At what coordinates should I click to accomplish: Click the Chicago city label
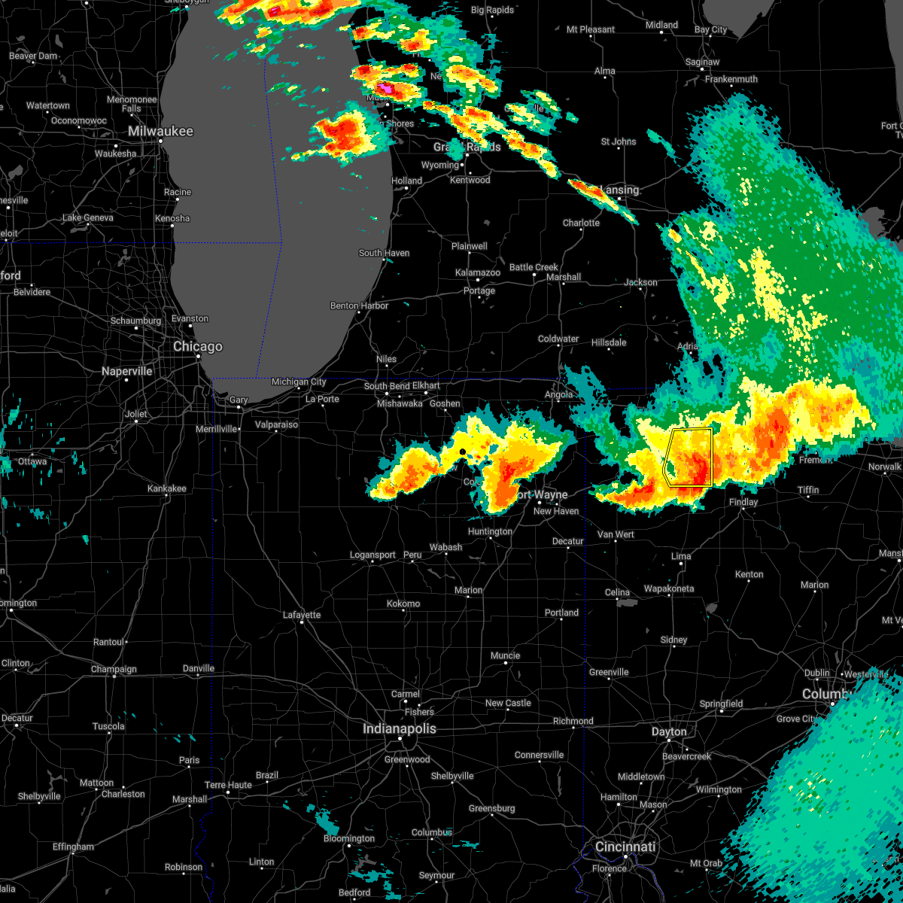click(x=198, y=347)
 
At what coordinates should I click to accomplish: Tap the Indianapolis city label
click(x=400, y=728)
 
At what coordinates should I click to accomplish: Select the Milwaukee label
click(x=160, y=131)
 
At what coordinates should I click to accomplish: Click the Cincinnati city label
click(x=625, y=847)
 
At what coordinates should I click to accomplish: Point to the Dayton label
click(x=669, y=731)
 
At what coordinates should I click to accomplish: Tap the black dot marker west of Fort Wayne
click(x=463, y=451)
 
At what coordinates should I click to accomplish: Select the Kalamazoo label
click(x=478, y=272)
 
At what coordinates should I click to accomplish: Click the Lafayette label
click(x=302, y=615)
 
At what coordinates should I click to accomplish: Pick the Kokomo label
click(x=403, y=604)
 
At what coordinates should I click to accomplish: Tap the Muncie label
click(x=506, y=655)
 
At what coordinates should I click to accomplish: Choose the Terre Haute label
click(x=228, y=785)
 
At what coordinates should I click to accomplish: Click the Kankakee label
click(x=167, y=488)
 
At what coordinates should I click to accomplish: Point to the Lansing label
click(x=620, y=190)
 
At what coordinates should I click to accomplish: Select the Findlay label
click(x=743, y=502)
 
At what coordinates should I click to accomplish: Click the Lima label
click(x=681, y=556)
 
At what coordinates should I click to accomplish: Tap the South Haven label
click(x=384, y=253)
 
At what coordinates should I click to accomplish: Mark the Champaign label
click(x=114, y=669)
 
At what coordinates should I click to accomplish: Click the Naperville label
click(x=126, y=371)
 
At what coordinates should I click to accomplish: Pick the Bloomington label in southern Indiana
click(x=349, y=838)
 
